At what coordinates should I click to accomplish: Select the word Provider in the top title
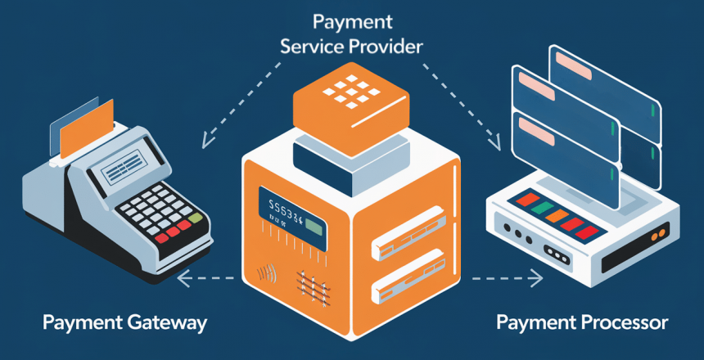pyautogui.click(x=389, y=47)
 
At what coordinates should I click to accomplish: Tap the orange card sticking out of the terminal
pyautogui.click(x=91, y=127)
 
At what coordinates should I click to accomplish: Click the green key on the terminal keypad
pyautogui.click(x=195, y=218)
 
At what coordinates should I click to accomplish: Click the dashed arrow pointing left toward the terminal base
pyautogui.click(x=205, y=279)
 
